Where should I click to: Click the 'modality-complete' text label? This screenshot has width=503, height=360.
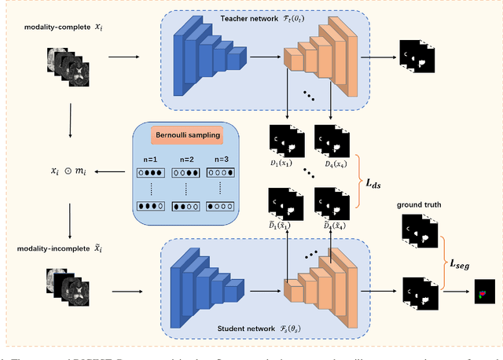point(52,26)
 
